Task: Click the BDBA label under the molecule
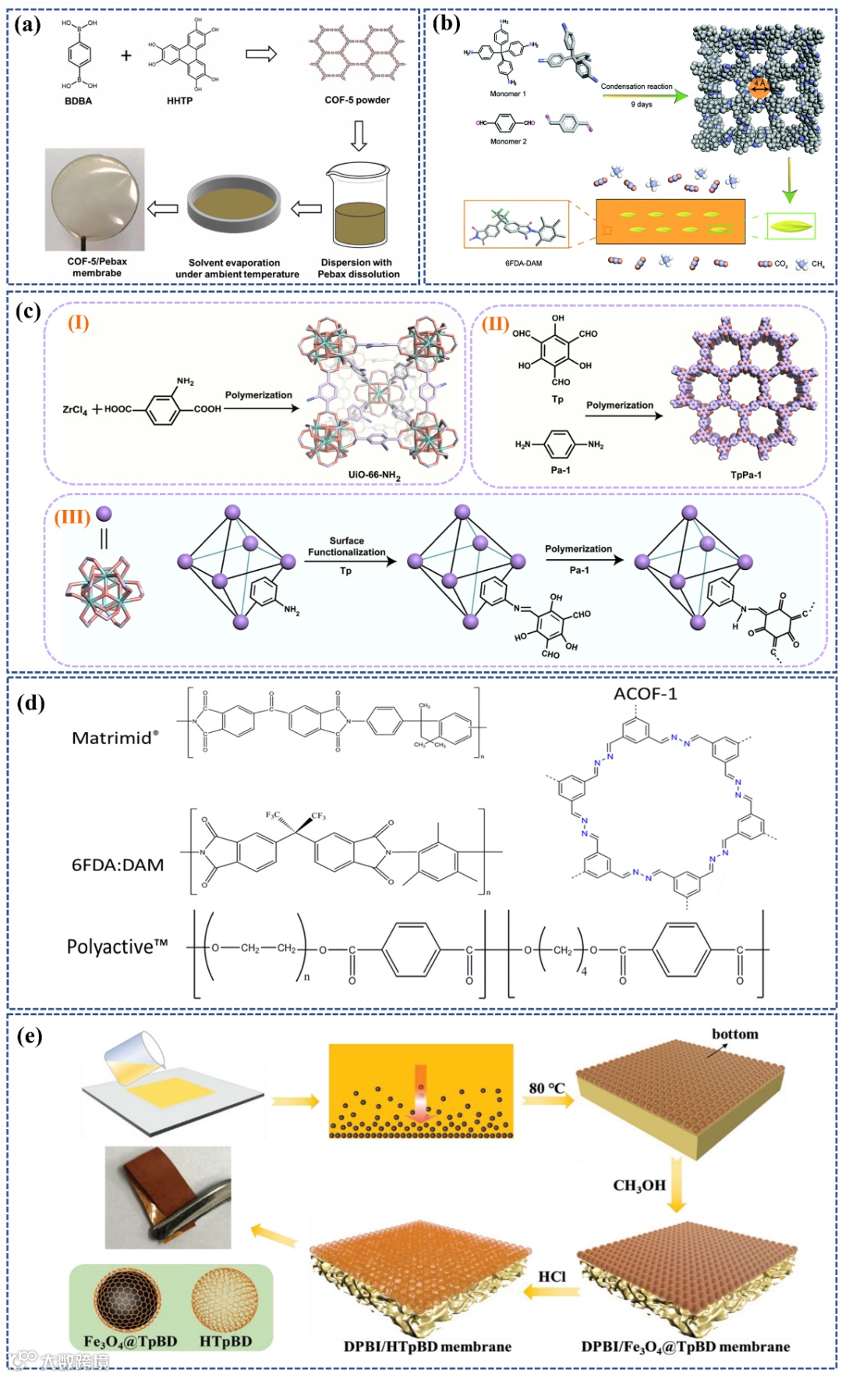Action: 78,101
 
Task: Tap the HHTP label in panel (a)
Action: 179,101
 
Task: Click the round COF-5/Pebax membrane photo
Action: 95,198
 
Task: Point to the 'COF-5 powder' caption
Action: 357,100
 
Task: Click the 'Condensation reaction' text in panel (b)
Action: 636,87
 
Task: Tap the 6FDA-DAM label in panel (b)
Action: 523,263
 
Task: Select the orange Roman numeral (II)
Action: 495,324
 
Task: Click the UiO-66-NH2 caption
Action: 374,475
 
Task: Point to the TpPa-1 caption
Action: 745,475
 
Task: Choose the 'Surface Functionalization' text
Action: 346,546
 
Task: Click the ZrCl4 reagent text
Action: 75,409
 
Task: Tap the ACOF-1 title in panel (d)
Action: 645,694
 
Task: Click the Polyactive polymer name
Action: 117,947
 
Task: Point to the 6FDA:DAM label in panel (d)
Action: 118,865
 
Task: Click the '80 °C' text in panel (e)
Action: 547,1088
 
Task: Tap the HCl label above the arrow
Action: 552,1276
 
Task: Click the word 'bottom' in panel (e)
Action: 734,1034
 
